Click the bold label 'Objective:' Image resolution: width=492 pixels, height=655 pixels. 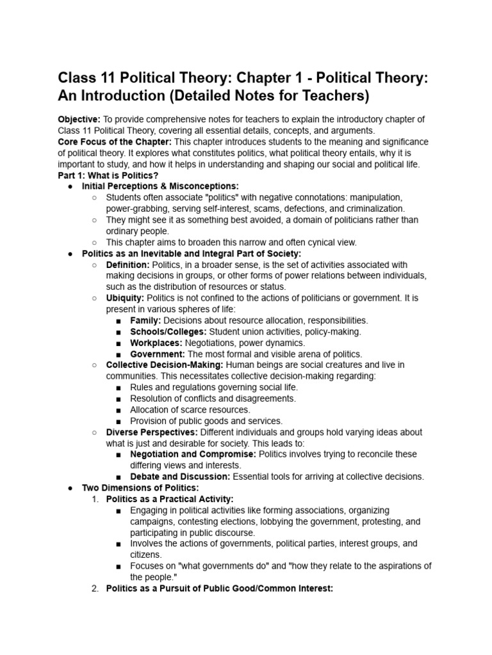tap(79, 120)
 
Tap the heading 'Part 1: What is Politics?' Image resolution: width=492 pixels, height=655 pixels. tap(108, 175)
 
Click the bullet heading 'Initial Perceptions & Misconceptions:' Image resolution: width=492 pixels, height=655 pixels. tap(160, 186)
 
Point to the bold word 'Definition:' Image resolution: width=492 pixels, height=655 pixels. tap(127, 264)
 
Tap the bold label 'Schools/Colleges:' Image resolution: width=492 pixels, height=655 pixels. tap(168, 331)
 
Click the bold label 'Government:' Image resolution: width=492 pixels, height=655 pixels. tap(158, 354)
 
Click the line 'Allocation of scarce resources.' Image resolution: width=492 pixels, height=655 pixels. tap(190, 409)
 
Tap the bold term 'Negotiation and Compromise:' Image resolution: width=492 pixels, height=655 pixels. tap(192, 454)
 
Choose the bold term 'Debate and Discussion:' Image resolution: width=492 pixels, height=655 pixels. tap(181, 477)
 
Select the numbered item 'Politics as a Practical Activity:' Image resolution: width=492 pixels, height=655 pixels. tap(170, 499)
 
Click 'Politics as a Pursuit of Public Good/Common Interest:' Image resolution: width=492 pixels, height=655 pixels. tap(219, 588)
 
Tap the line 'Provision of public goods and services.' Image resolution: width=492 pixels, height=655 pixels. tap(206, 421)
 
